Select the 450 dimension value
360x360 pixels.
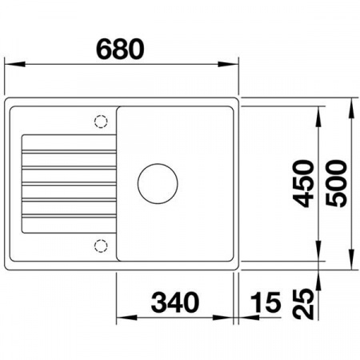304,182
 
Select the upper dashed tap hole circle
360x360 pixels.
102,122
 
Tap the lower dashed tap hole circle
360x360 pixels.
102,243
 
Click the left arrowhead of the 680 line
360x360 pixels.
10,64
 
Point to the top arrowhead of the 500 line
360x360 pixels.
352,103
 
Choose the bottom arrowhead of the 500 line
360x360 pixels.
352,262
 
